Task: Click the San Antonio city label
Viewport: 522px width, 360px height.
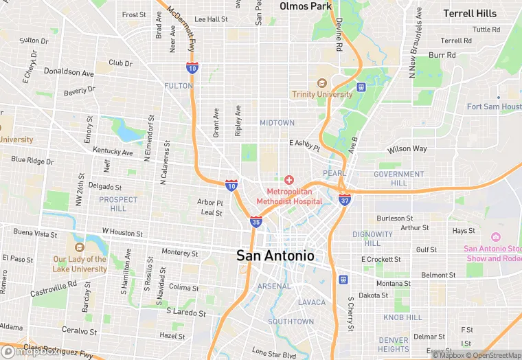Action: (275, 256)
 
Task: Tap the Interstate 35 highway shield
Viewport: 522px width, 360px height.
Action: (256, 221)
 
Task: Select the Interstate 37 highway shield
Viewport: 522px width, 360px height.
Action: (345, 199)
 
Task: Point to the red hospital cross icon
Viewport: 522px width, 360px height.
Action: (289, 180)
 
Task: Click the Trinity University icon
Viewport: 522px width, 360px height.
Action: (318, 83)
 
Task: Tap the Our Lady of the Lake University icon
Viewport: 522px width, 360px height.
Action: (79, 247)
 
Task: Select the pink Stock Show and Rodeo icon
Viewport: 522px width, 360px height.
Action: (496, 237)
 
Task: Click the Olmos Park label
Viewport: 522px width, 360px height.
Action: (306, 6)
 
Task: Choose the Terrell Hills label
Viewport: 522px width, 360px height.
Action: (469, 13)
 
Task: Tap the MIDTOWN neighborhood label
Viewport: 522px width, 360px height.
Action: (277, 123)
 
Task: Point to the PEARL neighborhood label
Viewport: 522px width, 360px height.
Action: (334, 174)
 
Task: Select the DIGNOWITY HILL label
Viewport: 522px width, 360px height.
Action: (372, 239)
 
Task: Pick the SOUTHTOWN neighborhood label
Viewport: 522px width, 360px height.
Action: (291, 322)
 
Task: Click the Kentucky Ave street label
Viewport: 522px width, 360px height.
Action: (113, 152)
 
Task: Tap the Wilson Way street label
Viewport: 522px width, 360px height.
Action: (407, 149)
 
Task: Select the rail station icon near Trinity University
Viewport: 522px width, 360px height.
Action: (361, 87)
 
